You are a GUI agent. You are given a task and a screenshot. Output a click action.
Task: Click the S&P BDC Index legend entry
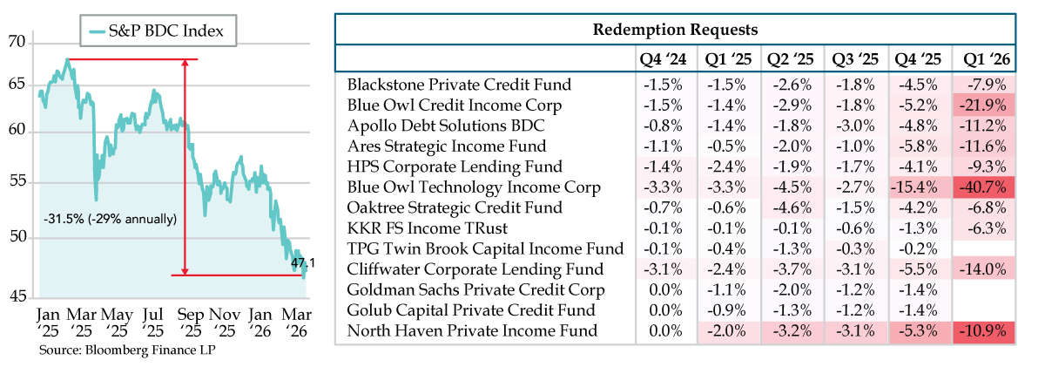point(157,31)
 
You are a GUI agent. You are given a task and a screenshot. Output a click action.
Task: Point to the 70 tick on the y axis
point(17,42)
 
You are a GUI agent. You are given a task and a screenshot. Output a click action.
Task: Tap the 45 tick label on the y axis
point(17,296)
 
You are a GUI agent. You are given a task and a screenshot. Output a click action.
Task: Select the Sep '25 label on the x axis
point(190,323)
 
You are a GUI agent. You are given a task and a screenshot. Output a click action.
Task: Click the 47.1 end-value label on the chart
point(303,263)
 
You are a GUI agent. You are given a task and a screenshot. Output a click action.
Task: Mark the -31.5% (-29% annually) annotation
point(110,219)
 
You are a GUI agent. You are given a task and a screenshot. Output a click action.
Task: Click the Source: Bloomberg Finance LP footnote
point(127,350)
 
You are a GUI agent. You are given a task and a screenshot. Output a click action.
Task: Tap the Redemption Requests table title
point(675,30)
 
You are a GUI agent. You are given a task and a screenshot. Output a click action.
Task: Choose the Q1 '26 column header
point(986,59)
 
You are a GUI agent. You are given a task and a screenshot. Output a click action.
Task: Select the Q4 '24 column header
point(663,59)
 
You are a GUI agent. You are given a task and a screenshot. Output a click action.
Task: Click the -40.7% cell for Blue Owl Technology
point(983,187)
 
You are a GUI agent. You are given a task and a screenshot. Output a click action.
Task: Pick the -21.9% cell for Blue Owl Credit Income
point(983,105)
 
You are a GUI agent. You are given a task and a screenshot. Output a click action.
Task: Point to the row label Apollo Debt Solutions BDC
point(446,126)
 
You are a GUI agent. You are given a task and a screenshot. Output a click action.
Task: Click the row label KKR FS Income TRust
point(428,228)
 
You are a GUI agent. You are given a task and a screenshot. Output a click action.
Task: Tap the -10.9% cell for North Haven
point(983,331)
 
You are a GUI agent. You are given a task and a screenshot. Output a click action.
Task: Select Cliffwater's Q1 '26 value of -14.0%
point(983,269)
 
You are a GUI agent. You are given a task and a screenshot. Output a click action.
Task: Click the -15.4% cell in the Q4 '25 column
point(914,187)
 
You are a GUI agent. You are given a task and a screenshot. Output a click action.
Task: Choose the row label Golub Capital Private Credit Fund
point(471,310)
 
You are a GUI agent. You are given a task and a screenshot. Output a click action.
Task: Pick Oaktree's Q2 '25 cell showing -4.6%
point(792,207)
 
